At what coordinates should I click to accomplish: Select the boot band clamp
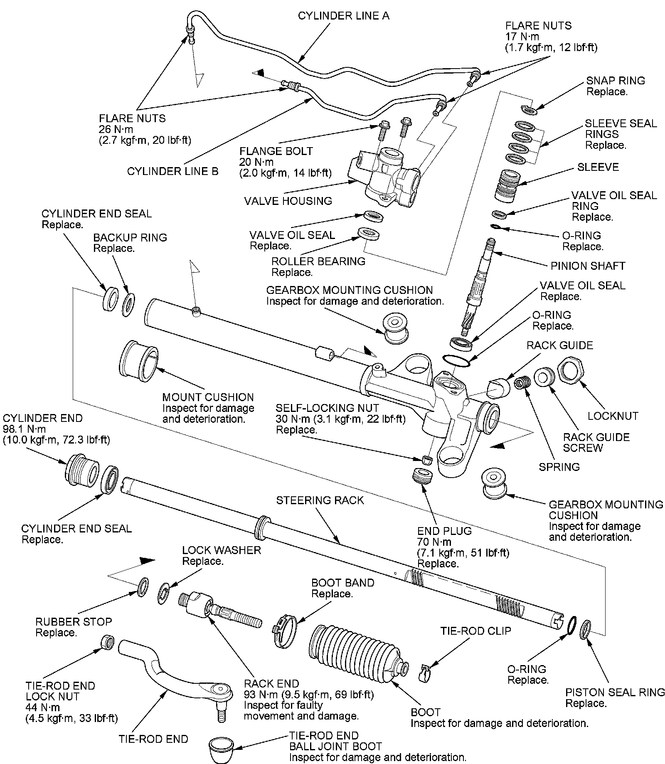285,631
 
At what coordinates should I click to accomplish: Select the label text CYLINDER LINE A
344,16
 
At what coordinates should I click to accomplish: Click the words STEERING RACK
320,500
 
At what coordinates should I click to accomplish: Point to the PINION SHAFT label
588,266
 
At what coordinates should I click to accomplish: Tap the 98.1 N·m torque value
25,429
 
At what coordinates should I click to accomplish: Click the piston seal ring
585,628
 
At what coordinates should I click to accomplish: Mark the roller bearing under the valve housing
369,234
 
